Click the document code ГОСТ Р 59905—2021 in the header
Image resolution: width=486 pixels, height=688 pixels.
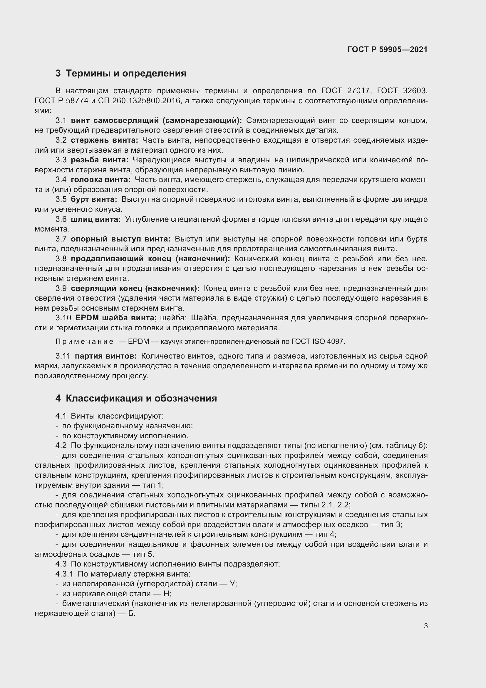[x=387, y=49]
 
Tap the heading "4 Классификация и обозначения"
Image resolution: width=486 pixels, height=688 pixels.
[x=136, y=398]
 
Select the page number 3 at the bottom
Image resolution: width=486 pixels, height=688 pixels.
[x=425, y=626]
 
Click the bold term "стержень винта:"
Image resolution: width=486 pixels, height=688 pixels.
[x=104, y=140]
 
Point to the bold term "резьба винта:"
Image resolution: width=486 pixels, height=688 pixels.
[x=99, y=160]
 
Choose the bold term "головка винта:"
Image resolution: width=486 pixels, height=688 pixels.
[x=100, y=180]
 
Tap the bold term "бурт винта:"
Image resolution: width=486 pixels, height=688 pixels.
[x=94, y=199]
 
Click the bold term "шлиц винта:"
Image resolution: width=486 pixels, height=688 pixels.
[x=96, y=219]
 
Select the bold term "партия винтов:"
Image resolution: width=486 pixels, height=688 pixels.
[x=106, y=356]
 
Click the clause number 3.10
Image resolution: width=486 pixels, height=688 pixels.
[x=63, y=318]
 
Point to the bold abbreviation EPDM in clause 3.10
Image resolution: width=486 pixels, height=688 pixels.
[x=86, y=318]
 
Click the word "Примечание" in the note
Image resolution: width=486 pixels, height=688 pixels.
[x=84, y=341]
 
